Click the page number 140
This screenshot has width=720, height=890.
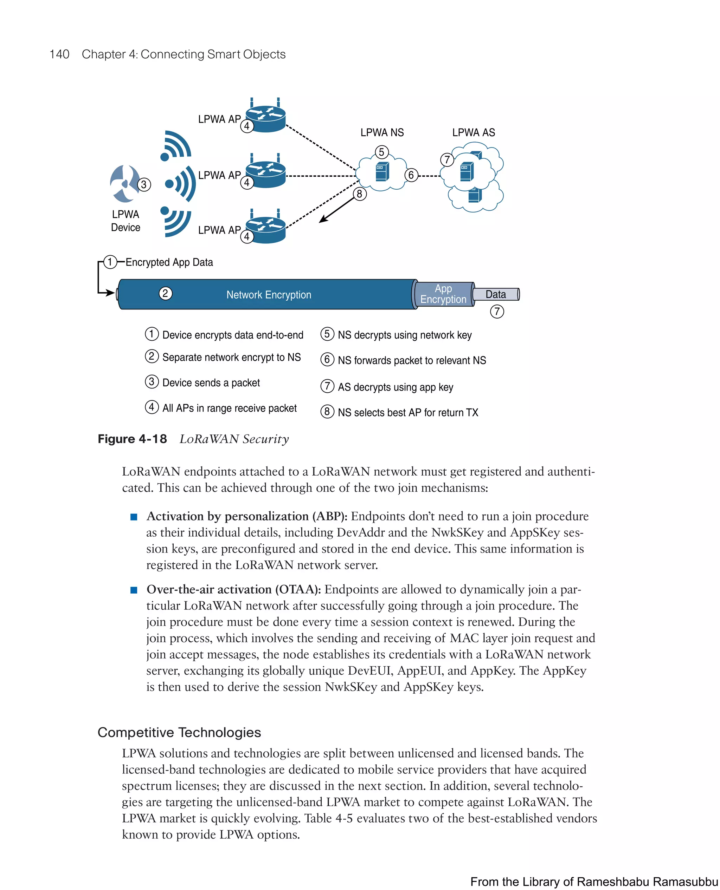tap(59, 54)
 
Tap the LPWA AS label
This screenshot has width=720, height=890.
tap(473, 133)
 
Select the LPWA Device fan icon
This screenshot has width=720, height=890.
tap(124, 183)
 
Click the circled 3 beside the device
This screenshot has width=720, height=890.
tap(144, 184)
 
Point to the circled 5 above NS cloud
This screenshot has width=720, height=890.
tap(381, 152)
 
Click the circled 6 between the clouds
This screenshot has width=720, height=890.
tap(411, 175)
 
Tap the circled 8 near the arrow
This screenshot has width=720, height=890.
tap(360, 194)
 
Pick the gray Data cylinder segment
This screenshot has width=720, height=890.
tap(496, 294)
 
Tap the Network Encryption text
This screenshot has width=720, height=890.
tap(268, 295)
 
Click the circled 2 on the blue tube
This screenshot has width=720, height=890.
tap(166, 293)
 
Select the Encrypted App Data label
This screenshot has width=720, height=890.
tap(169, 262)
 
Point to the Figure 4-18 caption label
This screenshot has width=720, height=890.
tap(132, 439)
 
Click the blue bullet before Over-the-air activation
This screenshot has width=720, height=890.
tap(134, 590)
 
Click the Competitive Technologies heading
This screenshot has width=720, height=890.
tap(179, 732)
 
